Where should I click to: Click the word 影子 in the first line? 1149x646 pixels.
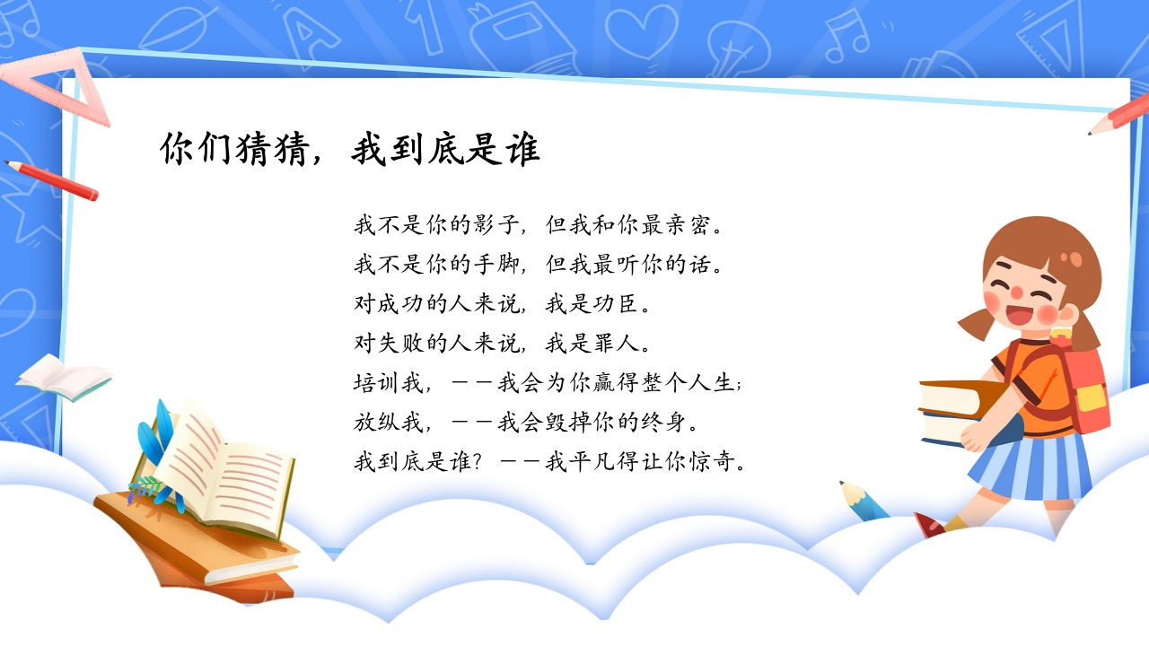(496, 224)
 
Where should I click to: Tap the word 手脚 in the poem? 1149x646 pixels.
(496, 264)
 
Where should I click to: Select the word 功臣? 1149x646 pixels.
(616, 303)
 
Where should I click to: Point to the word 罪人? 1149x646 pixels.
(616, 343)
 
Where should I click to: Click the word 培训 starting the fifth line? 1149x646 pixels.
(376, 383)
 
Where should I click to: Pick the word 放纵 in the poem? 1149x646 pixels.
(376, 423)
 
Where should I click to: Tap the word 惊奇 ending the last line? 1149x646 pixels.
(712, 462)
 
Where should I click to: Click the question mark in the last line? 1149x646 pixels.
(478, 462)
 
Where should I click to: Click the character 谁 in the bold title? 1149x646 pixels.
(522, 149)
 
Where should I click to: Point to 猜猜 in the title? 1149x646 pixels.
(273, 149)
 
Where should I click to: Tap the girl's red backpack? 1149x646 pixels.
(1083, 385)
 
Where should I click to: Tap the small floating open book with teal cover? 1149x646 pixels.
(64, 378)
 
